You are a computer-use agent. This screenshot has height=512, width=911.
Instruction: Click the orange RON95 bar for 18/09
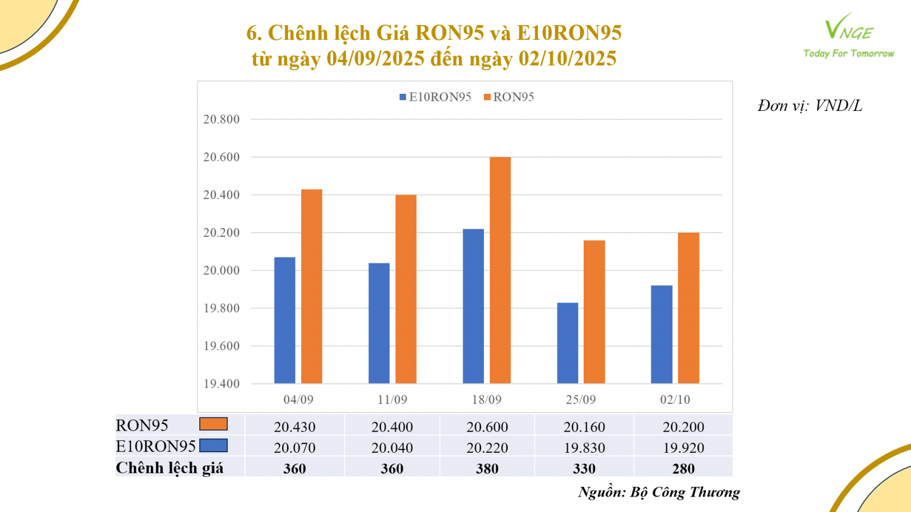[x=500, y=270]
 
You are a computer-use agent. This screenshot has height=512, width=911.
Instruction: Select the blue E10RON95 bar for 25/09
[x=567, y=343]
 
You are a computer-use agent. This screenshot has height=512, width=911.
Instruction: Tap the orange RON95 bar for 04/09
[x=311, y=286]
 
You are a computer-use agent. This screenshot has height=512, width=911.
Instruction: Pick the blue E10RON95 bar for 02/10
[x=662, y=335]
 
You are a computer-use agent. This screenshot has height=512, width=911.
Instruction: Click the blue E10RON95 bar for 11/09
[x=379, y=323]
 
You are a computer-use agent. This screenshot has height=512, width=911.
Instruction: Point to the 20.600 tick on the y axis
[x=221, y=157]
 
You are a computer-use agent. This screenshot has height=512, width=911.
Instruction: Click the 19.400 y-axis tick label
[x=221, y=384]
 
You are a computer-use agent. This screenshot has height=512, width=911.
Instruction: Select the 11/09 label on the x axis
[x=392, y=399]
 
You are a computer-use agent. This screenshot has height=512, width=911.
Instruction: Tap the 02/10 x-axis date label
[x=675, y=399]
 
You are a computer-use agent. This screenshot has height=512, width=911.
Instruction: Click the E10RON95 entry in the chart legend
[x=436, y=97]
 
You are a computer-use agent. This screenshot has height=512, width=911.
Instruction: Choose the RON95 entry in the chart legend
[x=509, y=97]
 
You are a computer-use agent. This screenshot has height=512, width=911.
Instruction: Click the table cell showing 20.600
[x=487, y=427]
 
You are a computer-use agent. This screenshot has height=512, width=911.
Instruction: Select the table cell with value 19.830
[x=584, y=448]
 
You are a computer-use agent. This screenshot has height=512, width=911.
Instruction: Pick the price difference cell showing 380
[x=487, y=469]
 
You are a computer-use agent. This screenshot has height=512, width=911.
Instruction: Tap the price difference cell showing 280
[x=683, y=469]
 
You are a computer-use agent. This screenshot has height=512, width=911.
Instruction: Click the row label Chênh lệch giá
[x=170, y=468]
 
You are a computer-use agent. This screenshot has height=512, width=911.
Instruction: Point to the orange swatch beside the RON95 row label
[x=214, y=424]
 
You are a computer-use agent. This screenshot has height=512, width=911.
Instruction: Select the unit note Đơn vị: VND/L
[x=809, y=106]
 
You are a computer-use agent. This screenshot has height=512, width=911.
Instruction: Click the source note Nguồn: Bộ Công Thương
[x=659, y=492]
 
